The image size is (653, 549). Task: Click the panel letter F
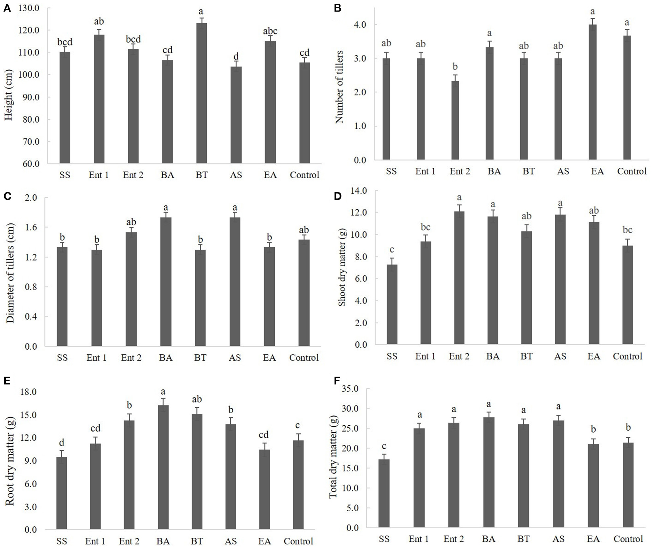tap(337, 381)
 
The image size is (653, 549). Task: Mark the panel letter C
tap(8, 196)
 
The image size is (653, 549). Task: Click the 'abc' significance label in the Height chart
tap(270, 31)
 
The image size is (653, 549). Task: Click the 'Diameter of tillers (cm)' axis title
tap(11, 273)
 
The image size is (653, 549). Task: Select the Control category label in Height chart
tap(304, 175)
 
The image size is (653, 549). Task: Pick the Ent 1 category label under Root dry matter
tap(95, 541)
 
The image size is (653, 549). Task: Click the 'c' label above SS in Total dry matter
tap(384, 446)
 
